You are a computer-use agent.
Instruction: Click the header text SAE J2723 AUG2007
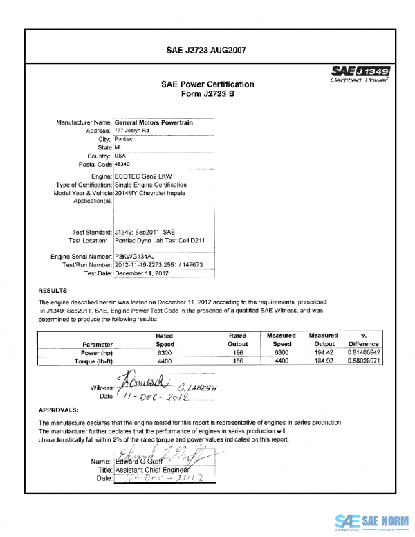207,50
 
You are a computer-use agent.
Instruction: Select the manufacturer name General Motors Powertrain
158,122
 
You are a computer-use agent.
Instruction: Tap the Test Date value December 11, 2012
143,273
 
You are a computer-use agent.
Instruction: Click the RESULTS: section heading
53,291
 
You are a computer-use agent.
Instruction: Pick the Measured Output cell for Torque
324,361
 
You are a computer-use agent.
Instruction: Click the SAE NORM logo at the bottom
372,522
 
